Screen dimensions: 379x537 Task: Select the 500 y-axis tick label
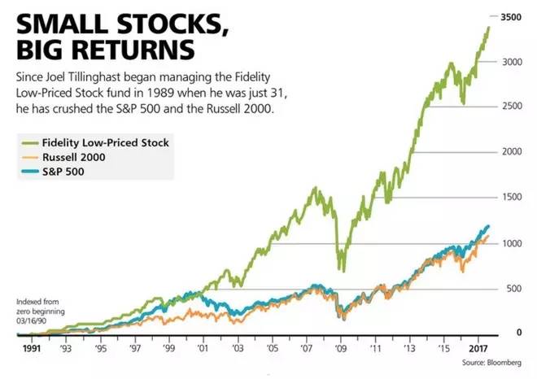tap(513, 288)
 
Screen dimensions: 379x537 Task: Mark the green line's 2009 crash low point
tap(343, 271)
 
